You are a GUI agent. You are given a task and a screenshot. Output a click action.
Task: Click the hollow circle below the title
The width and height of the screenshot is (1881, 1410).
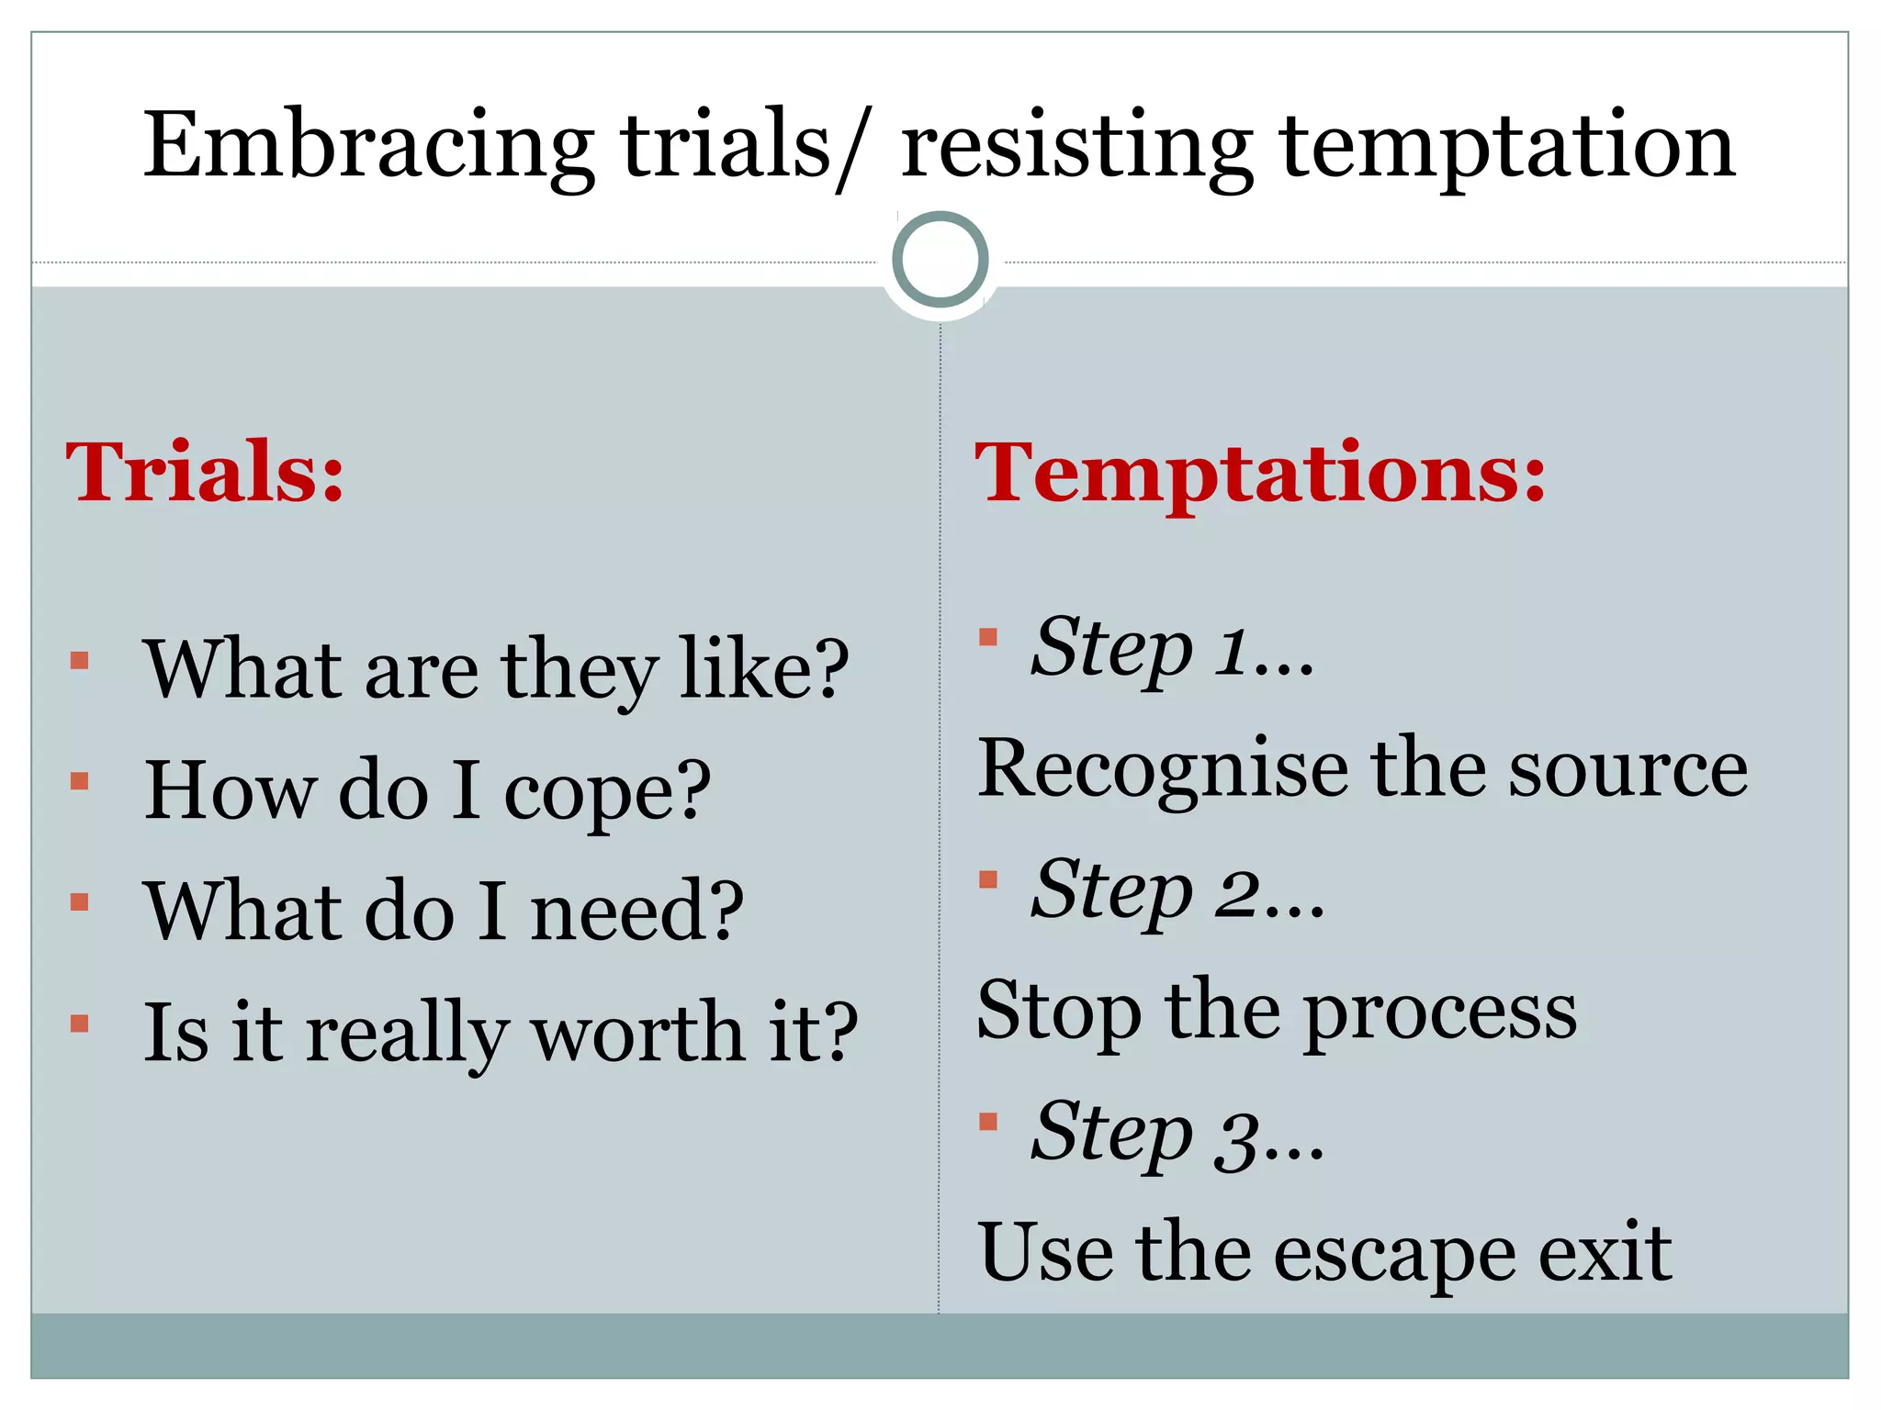click(x=940, y=259)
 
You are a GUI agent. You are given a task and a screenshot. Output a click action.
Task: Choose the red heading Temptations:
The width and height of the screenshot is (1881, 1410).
click(x=1260, y=474)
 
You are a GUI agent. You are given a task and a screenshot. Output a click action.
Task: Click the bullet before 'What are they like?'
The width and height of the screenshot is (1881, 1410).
click(x=80, y=660)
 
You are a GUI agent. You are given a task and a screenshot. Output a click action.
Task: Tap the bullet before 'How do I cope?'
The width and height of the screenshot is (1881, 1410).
click(x=80, y=781)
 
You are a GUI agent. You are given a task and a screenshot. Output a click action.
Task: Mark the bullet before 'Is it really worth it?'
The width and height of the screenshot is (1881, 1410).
click(x=80, y=1024)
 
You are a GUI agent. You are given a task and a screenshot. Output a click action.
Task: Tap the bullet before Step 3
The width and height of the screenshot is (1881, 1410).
click(x=988, y=1121)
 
